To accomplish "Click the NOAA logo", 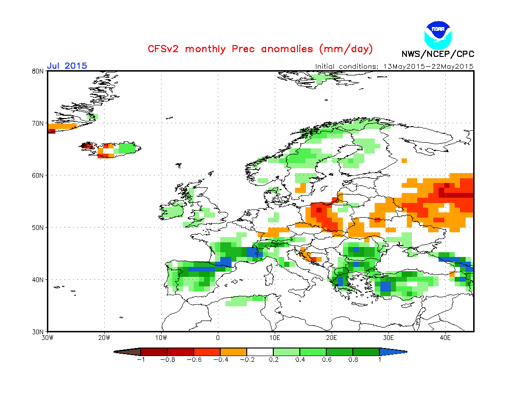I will (x=439, y=34).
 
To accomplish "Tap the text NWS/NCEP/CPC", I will (x=438, y=54).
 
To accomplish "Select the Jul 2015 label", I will (x=67, y=65).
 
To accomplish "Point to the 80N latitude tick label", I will (x=38, y=71).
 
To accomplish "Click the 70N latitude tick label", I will (x=38, y=123).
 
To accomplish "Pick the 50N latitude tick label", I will (x=38, y=228).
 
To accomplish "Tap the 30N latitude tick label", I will (x=38, y=331).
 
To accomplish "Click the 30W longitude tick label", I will (x=47, y=338).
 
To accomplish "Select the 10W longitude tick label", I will (x=161, y=338).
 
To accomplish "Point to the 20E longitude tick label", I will (x=332, y=338).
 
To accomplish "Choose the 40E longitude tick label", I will (x=445, y=338).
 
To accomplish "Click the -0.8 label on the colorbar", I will (x=167, y=359).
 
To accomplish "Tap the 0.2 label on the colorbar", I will (x=273, y=359).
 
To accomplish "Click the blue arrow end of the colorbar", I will (x=393, y=352).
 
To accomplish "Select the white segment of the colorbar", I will (x=260, y=352).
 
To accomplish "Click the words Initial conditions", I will (x=345, y=66).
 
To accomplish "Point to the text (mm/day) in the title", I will (x=346, y=49).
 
